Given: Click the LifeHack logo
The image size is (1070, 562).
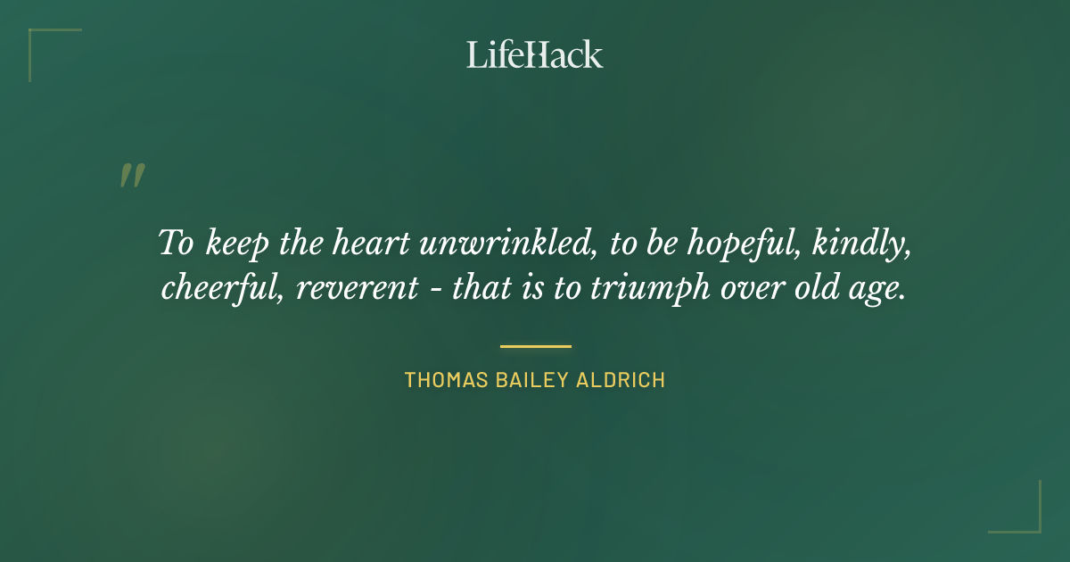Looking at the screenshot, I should click(x=535, y=54).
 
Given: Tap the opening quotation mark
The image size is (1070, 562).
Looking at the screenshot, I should click(x=131, y=176).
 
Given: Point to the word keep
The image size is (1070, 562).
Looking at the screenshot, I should click(x=236, y=244).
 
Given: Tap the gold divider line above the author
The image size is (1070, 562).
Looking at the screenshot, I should click(x=535, y=346).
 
